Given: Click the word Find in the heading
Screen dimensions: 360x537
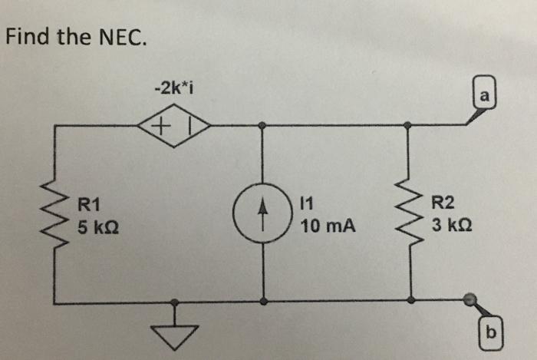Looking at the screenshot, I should pos(27,36).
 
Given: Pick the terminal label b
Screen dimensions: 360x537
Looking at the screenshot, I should pos(492,334).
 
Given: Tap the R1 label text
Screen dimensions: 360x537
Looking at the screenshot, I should pos(90,204).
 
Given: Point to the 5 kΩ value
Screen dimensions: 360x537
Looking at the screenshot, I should pos(97,227).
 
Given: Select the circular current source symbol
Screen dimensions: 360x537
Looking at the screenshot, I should pos(262,215).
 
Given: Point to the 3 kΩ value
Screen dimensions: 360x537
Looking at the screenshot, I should pos(450,227).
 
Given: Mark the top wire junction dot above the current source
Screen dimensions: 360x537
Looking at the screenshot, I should pos(262,124).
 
